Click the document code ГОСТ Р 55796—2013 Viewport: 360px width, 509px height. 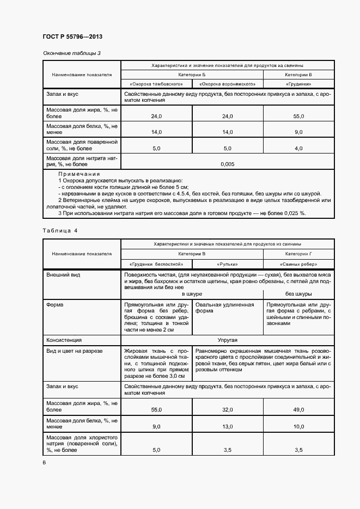72,36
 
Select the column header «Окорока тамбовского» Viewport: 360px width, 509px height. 156,84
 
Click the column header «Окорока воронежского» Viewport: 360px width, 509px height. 227,84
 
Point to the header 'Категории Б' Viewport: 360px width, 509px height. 192,74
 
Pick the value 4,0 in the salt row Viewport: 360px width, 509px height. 298,148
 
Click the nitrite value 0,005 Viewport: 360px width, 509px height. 228,164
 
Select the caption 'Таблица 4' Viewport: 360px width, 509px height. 60,230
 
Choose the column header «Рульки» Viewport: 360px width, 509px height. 228,264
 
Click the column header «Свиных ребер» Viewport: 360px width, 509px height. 298,264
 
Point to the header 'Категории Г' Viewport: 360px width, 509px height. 298,254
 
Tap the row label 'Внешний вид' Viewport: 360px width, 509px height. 63,275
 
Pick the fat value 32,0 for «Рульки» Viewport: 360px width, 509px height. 228,409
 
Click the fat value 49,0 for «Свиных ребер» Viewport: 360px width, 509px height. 298,409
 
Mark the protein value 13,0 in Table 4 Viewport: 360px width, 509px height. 228,427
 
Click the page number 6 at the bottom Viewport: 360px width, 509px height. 44,463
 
